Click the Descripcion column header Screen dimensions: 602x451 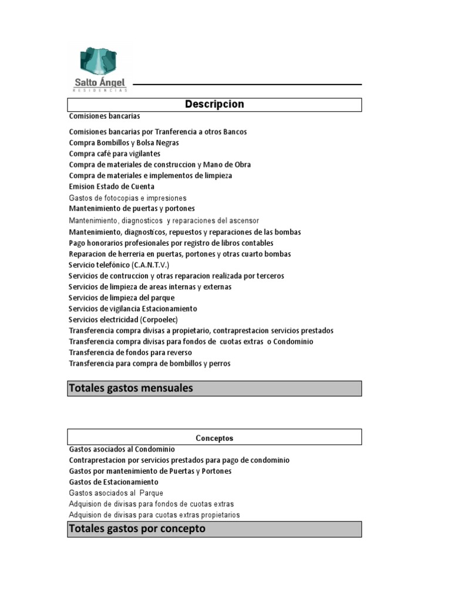(214, 105)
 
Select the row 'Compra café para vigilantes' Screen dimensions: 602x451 (115, 153)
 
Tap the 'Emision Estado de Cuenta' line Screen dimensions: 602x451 (112, 186)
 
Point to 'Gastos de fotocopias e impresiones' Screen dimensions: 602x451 (127, 198)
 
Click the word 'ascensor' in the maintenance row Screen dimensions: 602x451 (244, 220)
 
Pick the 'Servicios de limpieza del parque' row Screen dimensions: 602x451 (122, 298)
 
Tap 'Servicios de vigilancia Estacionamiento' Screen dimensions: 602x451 (133, 309)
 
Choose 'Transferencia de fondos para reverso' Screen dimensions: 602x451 (130, 353)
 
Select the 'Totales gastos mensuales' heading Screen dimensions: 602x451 (131, 388)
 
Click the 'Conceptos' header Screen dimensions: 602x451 (214, 438)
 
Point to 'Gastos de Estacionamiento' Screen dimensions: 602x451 (113, 482)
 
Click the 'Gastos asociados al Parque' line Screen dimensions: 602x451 (116, 493)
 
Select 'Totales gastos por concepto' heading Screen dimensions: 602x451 (137, 529)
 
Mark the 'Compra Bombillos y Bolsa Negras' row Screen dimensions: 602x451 (124, 143)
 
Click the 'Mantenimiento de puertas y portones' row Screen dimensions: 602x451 (132, 209)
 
